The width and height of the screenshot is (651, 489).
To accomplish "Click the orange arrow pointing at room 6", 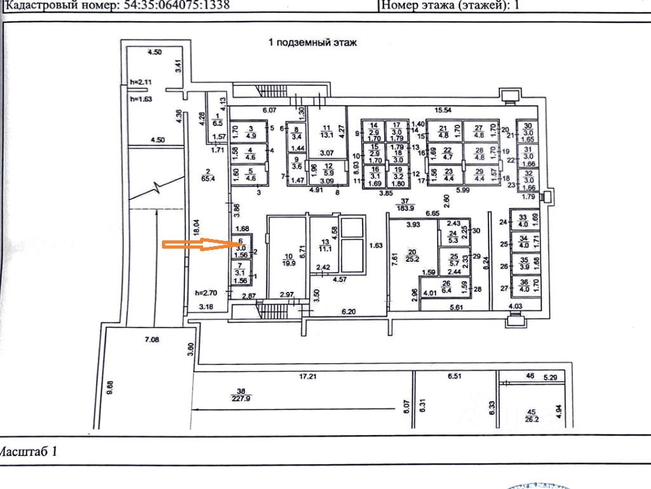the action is click(197, 245).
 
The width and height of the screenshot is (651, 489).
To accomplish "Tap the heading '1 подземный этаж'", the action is click(314, 43).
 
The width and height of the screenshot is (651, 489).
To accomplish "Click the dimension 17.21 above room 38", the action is click(309, 376).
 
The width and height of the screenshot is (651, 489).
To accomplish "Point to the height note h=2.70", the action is click(207, 293).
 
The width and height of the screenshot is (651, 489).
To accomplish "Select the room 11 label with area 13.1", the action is click(327, 130).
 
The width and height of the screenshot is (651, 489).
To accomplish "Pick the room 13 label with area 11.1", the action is click(326, 246).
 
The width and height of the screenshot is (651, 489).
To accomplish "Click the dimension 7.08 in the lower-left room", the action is click(152, 340).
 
